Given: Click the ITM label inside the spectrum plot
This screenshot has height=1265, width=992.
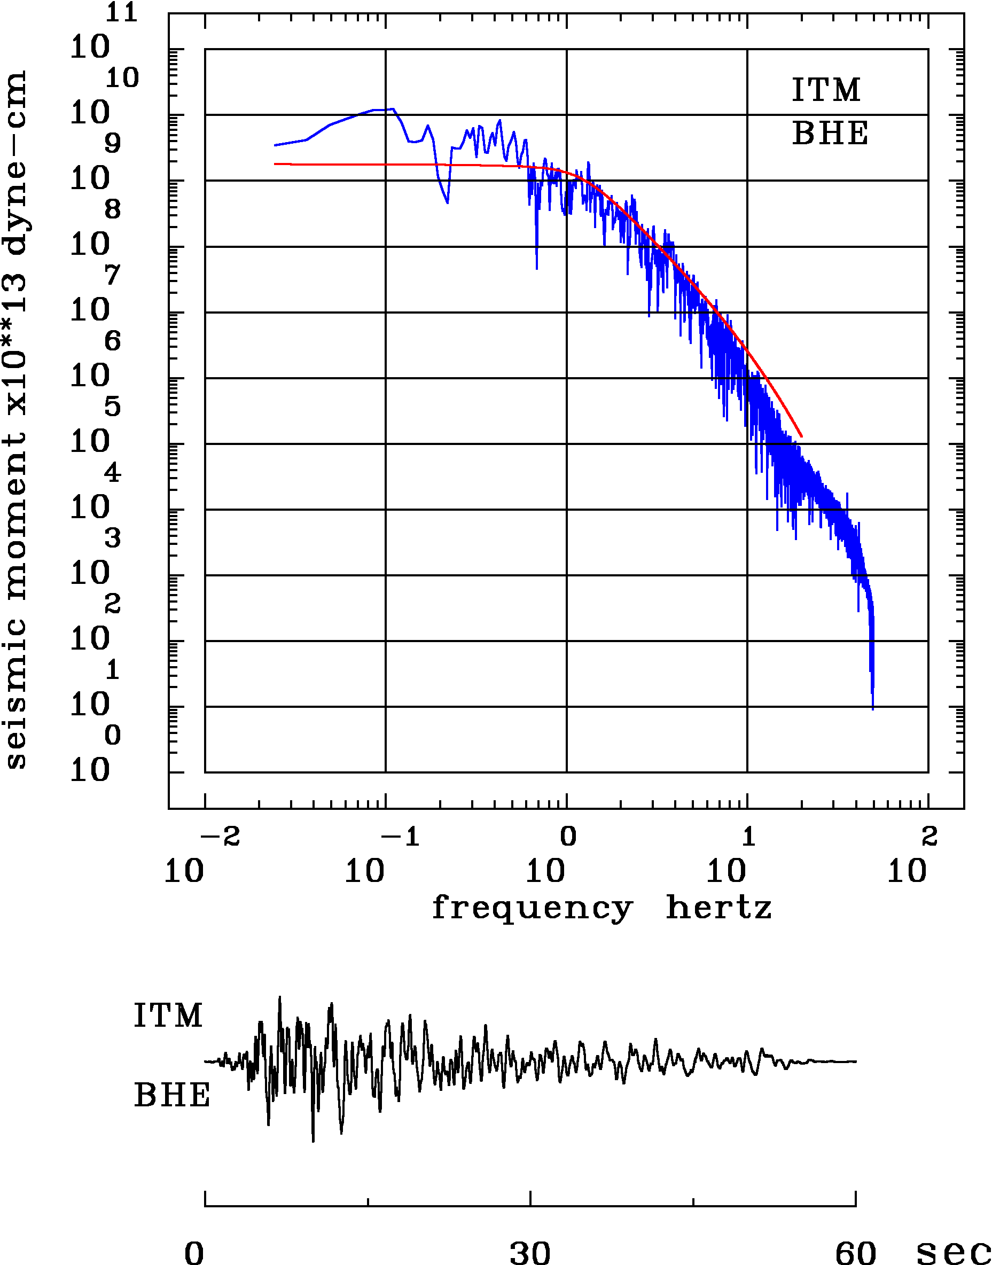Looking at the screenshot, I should click(826, 91).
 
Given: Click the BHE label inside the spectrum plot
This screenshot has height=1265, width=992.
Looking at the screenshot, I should click(830, 134).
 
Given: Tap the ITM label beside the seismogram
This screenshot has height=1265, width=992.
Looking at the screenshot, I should click(168, 1016).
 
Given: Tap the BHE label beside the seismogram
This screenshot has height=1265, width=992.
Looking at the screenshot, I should click(172, 1096).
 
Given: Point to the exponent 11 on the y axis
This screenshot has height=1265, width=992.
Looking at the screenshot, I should click(121, 12).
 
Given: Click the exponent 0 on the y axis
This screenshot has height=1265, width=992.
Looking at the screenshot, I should click(113, 735).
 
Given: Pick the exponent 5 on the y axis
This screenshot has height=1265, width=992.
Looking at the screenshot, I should click(113, 407).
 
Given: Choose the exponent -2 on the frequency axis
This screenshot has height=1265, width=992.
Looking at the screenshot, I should click(220, 837).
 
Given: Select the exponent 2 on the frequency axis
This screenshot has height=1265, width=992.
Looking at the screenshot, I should click(929, 837).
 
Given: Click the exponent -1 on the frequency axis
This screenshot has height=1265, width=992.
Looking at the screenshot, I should click(400, 837).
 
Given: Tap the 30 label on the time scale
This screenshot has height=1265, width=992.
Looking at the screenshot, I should click(530, 1252).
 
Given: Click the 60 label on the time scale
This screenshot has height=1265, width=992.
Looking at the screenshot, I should click(855, 1252).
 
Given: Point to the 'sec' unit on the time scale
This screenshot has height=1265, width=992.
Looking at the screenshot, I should click(953, 1252).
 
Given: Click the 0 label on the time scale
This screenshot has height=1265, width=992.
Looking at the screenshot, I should click(194, 1252).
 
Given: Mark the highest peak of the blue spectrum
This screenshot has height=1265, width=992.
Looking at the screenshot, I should click(394, 108).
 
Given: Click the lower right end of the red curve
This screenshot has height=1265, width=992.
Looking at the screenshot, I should click(801, 435).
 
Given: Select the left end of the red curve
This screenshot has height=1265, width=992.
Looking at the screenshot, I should click(275, 164).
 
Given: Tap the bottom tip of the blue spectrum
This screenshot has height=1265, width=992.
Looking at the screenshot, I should click(872, 708).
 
